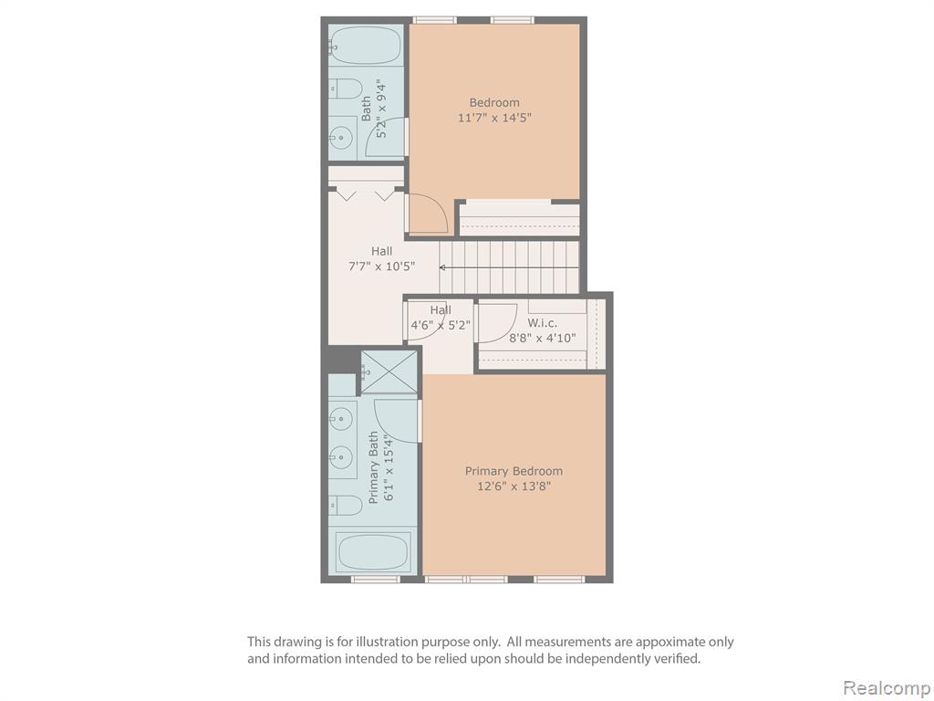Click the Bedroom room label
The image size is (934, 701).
click(493, 102)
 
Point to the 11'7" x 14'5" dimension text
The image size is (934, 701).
click(493, 118)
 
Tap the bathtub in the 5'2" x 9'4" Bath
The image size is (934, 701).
click(365, 46)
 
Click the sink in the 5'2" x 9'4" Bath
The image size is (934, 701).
click(340, 137)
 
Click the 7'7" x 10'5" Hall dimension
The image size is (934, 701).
click(381, 266)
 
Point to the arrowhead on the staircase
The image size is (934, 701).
click(443, 267)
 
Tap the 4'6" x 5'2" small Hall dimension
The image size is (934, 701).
click(441, 326)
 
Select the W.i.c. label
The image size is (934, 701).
click(543, 323)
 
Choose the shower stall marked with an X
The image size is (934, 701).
click(389, 372)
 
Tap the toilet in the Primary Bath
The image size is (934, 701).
click(345, 506)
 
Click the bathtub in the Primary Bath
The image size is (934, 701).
click(373, 552)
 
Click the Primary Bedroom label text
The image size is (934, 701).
click(514, 471)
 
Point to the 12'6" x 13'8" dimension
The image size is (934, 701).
click(514, 486)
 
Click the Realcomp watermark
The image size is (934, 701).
click(887, 687)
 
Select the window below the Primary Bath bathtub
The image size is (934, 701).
click(375, 580)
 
